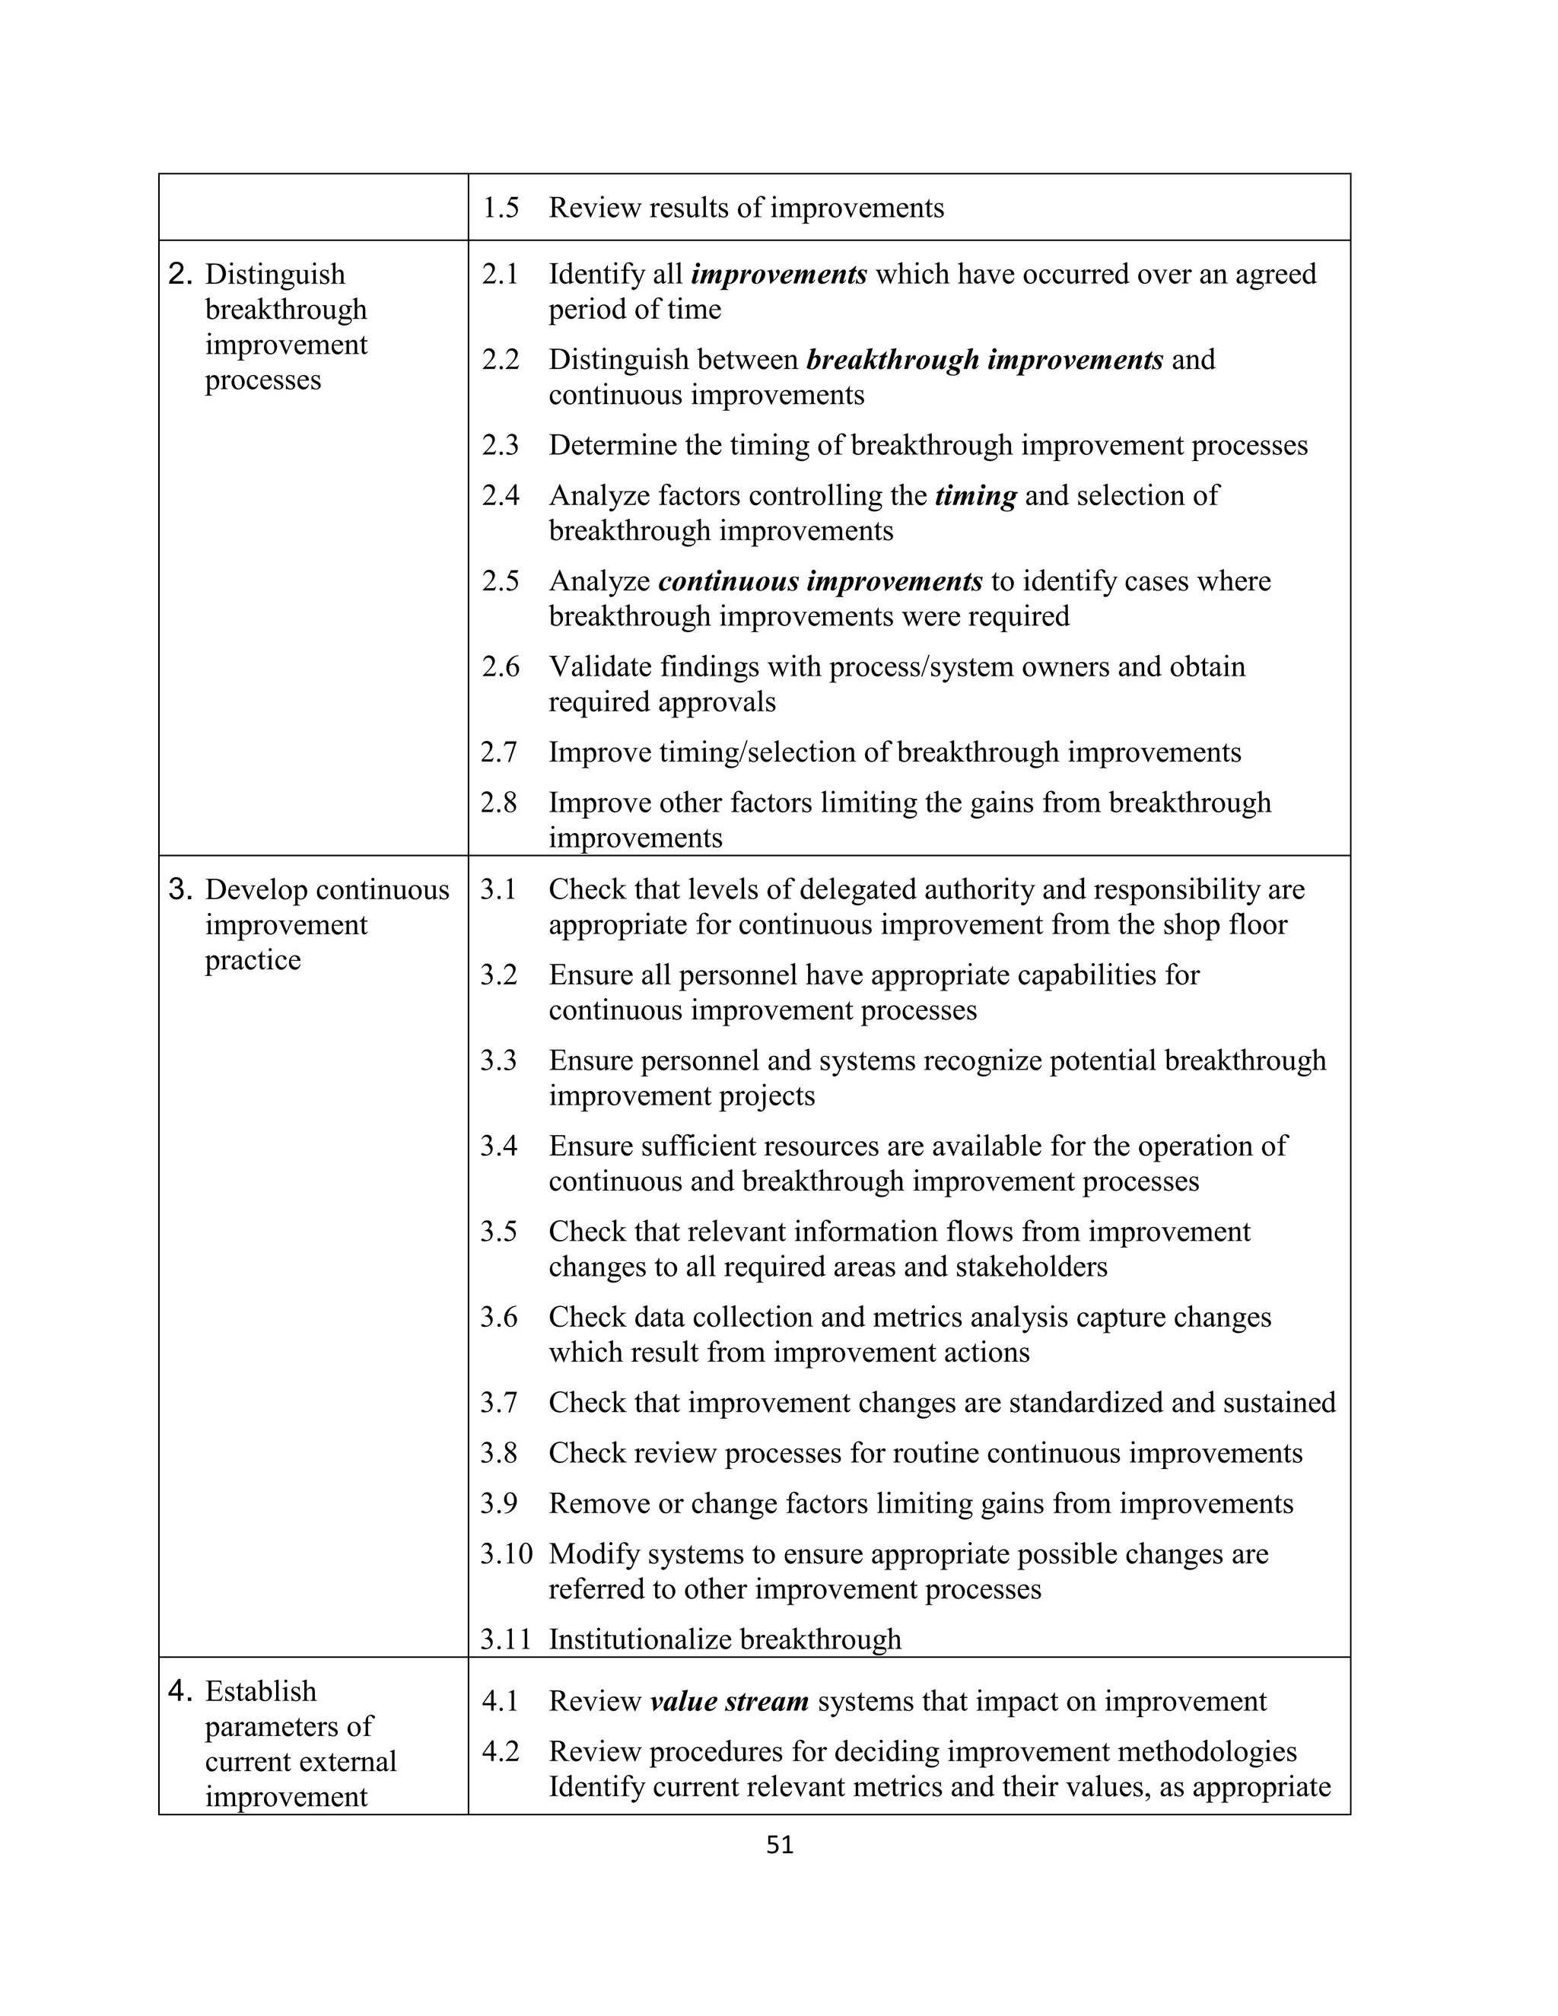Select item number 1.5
(x=501, y=208)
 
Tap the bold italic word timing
(x=975, y=496)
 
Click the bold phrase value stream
(x=729, y=1701)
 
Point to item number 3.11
(x=506, y=1639)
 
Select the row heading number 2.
(x=180, y=274)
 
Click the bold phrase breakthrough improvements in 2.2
(x=984, y=359)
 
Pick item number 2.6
(x=501, y=666)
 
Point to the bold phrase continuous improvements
(x=819, y=581)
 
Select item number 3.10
(x=506, y=1553)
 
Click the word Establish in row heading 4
(x=260, y=1691)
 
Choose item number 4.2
(x=501, y=1751)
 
